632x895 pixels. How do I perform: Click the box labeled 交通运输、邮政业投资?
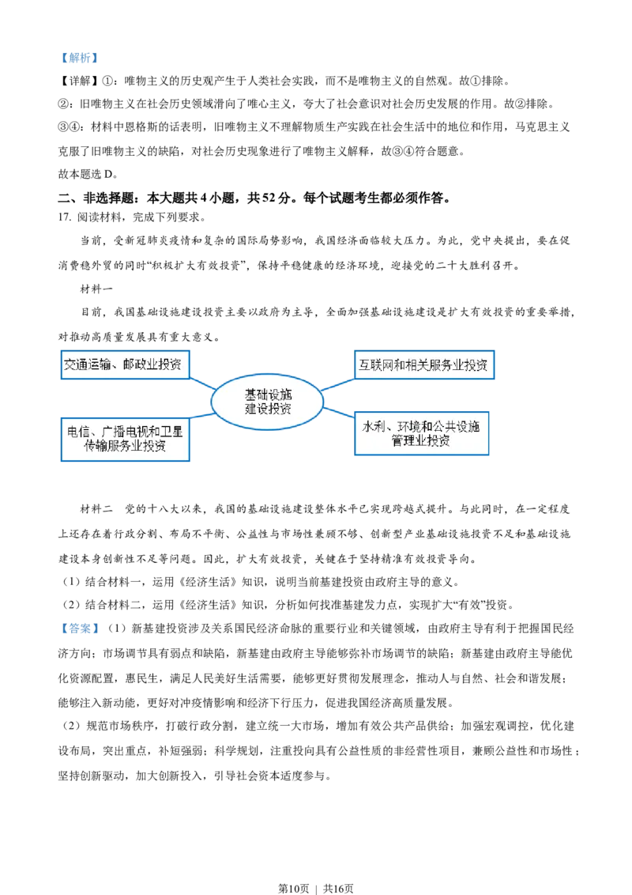(126, 364)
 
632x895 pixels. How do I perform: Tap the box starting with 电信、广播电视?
(126, 438)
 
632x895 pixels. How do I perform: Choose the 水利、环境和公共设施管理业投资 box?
(422, 433)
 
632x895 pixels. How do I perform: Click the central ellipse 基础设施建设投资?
(267, 402)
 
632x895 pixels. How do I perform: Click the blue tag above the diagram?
(80, 57)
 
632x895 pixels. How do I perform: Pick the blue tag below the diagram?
(80, 629)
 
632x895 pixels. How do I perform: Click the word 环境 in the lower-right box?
(405, 427)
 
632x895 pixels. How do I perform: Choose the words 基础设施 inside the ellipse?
(267, 395)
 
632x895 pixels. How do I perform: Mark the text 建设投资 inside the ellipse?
(267, 409)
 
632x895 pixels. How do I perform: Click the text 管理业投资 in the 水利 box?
(422, 441)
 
